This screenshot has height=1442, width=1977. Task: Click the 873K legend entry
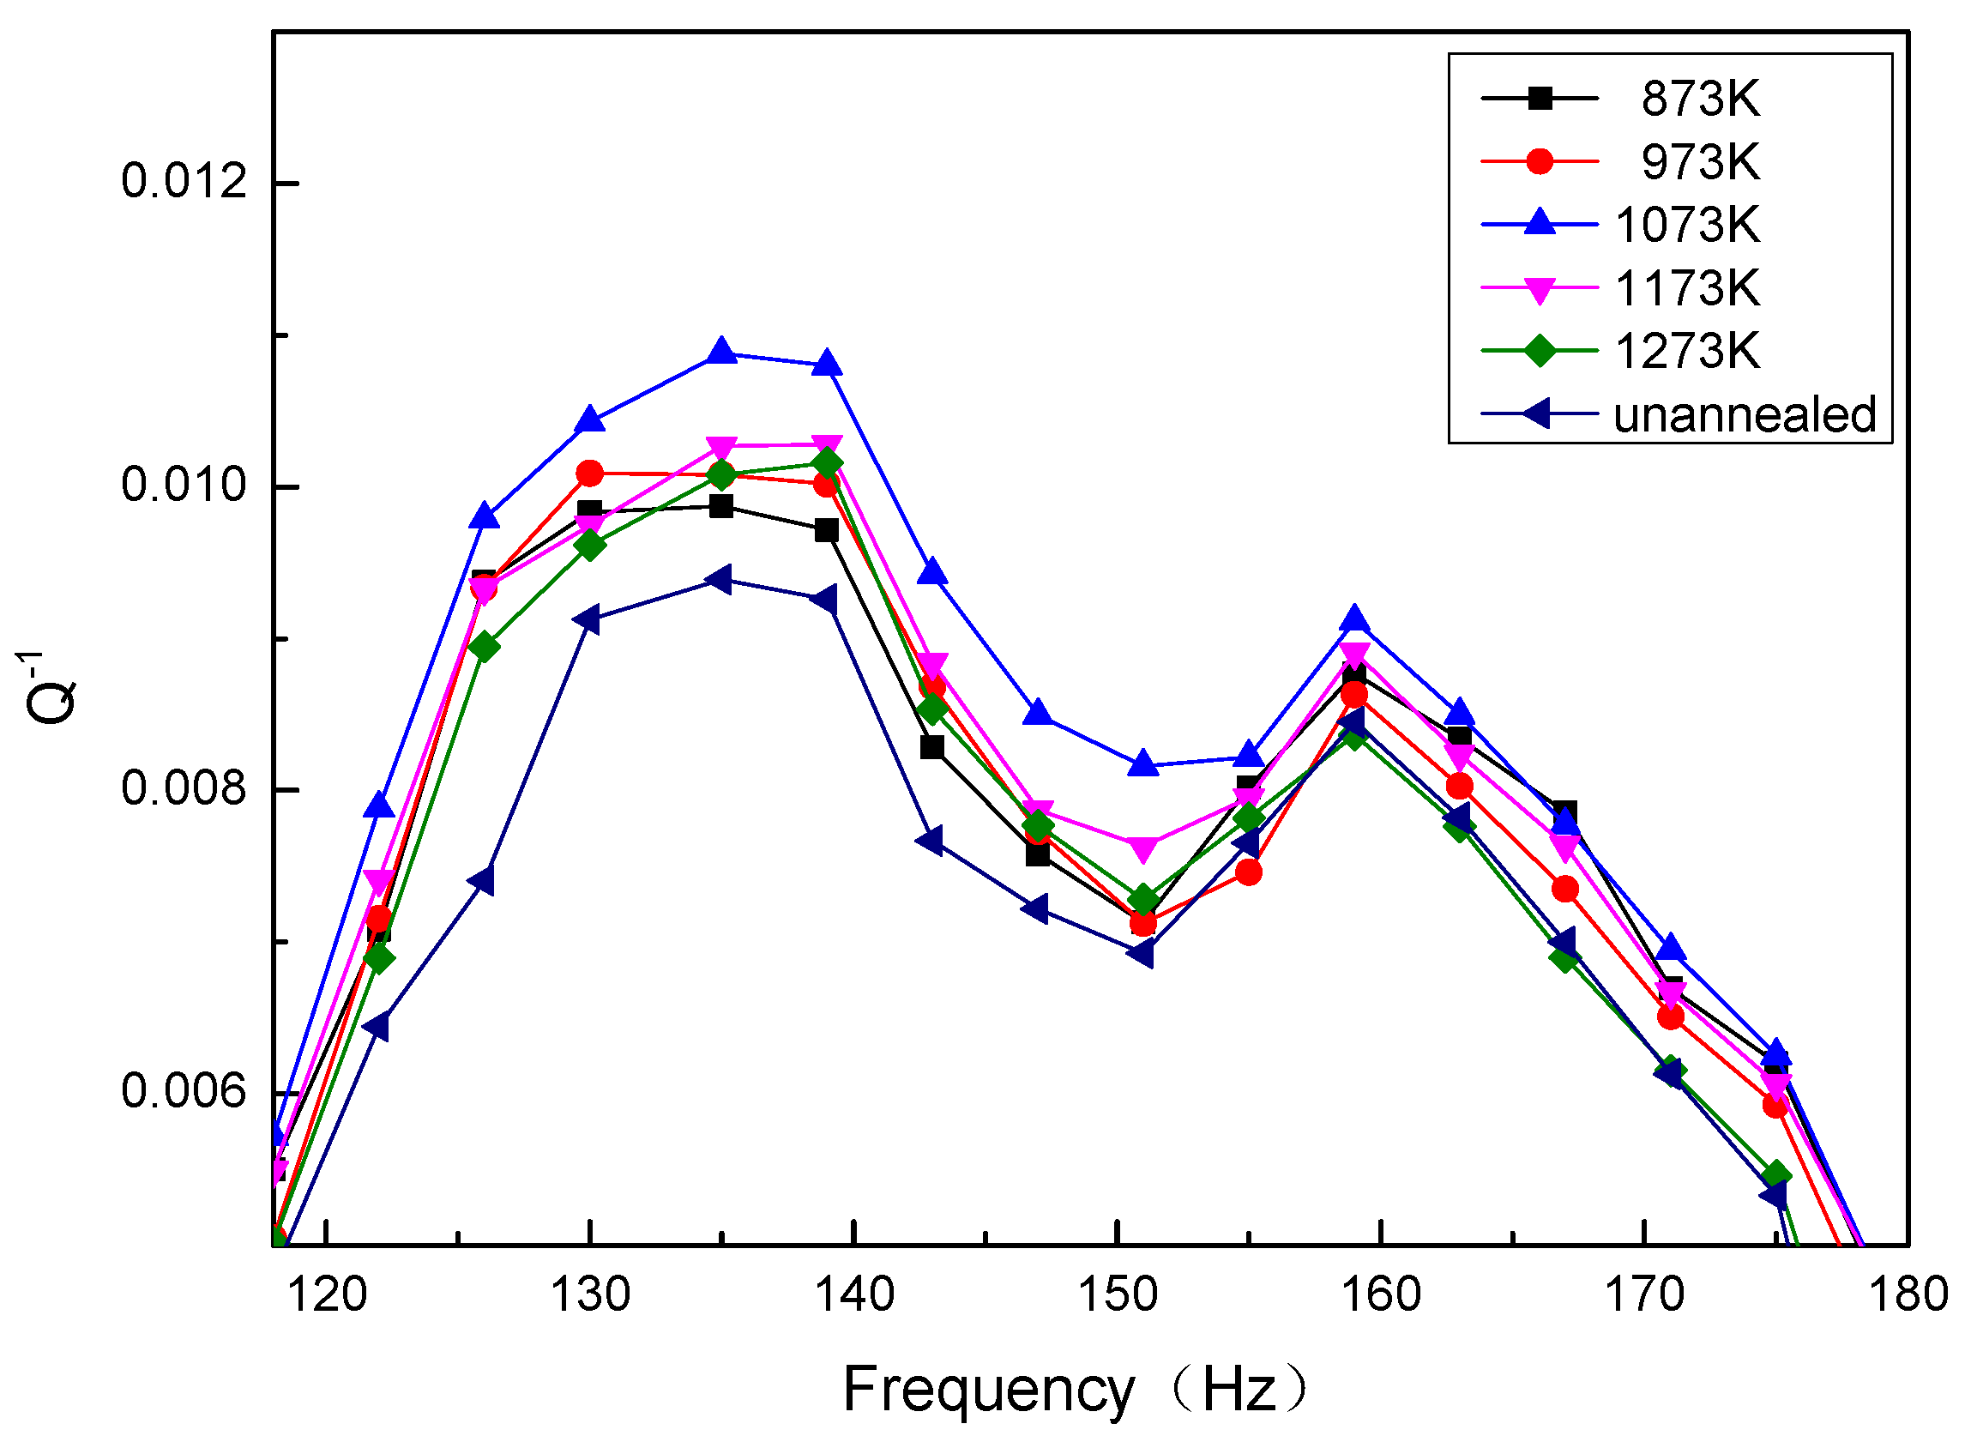[x=1699, y=100]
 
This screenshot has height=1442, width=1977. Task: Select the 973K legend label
[x=1699, y=162]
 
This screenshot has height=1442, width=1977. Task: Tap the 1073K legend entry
[x=1686, y=226]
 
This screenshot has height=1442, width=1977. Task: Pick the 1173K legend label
[x=1686, y=288]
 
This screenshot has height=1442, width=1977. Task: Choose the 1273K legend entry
[x=1686, y=352]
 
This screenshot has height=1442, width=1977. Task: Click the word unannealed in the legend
[x=1743, y=415]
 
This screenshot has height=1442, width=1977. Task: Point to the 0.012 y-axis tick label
[x=184, y=183]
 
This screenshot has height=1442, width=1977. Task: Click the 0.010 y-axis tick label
[x=184, y=486]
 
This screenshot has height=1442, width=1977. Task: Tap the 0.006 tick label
[x=184, y=1092]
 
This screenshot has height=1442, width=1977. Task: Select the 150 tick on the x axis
[x=1118, y=1294]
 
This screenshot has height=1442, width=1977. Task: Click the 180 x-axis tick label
[x=1908, y=1294]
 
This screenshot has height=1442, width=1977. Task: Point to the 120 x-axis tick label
[x=327, y=1294]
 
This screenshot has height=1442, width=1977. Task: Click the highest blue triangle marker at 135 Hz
[x=721, y=352]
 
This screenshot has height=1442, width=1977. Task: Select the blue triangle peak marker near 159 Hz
[x=1354, y=619]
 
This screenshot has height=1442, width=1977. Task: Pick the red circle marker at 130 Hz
[x=590, y=474]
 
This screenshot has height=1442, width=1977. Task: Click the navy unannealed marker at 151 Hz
[x=1142, y=954]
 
